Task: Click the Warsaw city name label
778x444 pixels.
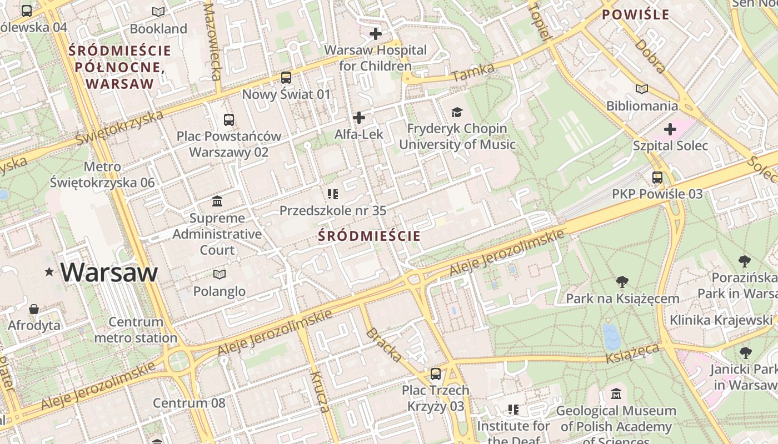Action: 109,272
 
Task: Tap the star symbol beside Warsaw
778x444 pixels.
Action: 49,272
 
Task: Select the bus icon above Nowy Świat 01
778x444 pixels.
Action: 286,78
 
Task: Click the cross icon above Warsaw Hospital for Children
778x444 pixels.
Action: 376,34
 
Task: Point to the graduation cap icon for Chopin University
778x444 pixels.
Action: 457,112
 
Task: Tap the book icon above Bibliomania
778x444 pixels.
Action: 642,89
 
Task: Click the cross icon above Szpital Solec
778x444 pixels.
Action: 670,129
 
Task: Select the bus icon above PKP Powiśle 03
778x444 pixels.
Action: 657,178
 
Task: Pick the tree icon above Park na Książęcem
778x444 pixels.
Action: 622,282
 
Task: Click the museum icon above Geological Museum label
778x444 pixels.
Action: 616,395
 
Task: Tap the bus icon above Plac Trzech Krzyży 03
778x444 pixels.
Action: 436,374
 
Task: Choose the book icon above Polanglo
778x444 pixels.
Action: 220,275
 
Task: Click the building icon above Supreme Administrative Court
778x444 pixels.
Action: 217,201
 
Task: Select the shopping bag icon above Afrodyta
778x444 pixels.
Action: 34,309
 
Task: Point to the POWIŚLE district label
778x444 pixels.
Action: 636,15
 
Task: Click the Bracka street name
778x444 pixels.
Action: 383,345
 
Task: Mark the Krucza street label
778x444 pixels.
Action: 319,392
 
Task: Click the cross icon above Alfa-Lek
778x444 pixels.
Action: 359,118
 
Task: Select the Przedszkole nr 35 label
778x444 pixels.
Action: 332,211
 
